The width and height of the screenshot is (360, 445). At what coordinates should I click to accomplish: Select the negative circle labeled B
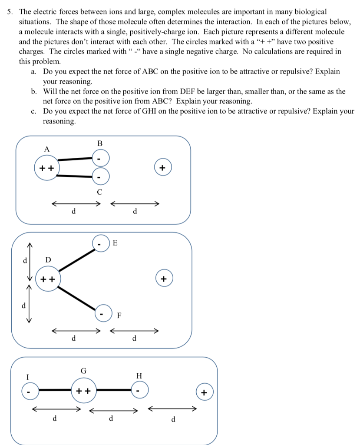click(x=100, y=159)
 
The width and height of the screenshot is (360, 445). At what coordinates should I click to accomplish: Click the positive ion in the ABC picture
click(x=163, y=168)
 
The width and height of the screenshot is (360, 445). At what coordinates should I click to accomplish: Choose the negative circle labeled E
click(x=100, y=245)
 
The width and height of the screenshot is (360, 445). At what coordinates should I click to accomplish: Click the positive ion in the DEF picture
click(x=164, y=279)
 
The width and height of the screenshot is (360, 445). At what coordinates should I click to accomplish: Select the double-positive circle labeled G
click(x=84, y=391)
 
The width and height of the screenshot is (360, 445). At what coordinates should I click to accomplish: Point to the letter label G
click(x=83, y=371)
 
